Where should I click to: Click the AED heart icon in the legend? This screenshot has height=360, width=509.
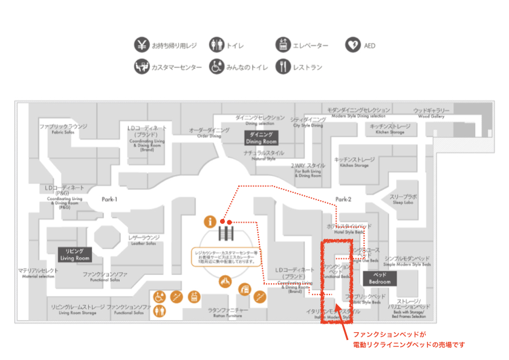coord(353,45)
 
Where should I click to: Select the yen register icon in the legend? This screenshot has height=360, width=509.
coord(141,45)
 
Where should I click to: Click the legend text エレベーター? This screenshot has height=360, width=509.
coord(311,45)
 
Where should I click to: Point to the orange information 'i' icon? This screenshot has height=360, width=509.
coord(210,222)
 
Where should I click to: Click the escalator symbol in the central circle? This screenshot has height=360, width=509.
coord(227,233)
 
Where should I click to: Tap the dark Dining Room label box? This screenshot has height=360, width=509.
coord(261,137)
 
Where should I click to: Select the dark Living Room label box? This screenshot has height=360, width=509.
coord(74,254)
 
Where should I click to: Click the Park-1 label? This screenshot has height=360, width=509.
coord(109,199)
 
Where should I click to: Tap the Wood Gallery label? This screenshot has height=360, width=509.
coord(431,113)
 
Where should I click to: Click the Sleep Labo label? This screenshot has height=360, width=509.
coord(403,200)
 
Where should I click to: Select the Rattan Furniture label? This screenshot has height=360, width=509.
coord(228,312)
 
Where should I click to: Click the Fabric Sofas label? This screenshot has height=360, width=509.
coord(63,129)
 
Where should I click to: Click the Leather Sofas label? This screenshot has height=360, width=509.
coord(144,240)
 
